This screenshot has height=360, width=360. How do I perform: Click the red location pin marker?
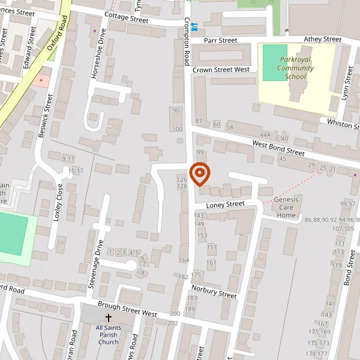(x=199, y=175)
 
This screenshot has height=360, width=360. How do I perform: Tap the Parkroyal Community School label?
(x=295, y=68)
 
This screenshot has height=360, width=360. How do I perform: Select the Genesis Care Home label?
(x=286, y=207)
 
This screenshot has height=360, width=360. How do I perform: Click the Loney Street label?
(x=225, y=205)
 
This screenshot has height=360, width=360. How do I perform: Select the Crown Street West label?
(x=221, y=70)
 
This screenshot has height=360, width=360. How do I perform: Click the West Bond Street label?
(x=278, y=147)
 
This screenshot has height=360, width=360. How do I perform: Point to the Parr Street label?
(x=221, y=41)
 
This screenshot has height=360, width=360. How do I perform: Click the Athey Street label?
(x=322, y=40)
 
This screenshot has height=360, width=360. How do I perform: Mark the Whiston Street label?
(x=342, y=123)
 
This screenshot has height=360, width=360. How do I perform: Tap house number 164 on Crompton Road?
(x=184, y=260)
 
